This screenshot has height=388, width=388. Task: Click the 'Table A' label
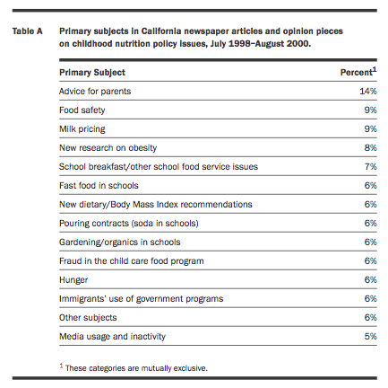(x=27, y=31)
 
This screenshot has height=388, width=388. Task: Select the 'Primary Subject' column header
(x=92, y=73)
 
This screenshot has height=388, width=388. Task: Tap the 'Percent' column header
(x=358, y=72)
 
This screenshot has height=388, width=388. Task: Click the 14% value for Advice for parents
(x=368, y=91)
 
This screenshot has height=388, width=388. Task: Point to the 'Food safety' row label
(x=82, y=110)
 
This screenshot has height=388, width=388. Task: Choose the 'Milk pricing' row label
(x=82, y=129)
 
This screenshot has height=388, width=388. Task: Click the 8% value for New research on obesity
(x=370, y=147)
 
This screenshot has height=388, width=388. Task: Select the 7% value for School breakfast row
(x=370, y=166)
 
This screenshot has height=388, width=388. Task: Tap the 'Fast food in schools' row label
(x=99, y=186)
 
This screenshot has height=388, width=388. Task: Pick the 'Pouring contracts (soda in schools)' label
(x=129, y=224)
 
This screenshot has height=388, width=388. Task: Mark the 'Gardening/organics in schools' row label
(x=120, y=242)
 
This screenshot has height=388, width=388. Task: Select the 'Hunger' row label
(x=73, y=280)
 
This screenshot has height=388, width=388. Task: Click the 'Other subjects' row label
(x=88, y=318)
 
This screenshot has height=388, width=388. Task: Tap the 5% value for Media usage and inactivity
(x=370, y=336)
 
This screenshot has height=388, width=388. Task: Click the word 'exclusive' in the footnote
(x=191, y=368)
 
